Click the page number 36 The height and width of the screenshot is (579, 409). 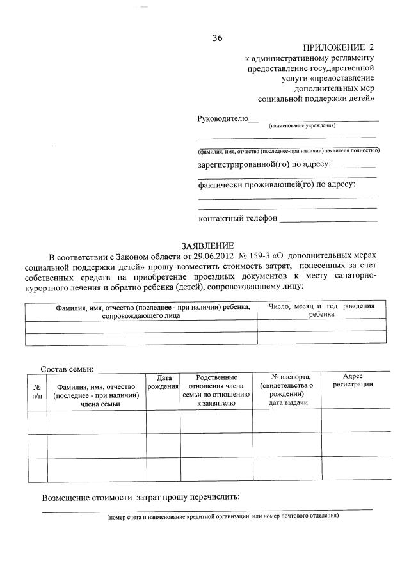(217, 38)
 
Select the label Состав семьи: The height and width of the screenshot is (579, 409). (67, 369)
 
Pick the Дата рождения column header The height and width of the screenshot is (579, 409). (163, 383)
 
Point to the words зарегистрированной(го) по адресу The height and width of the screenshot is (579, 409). (264, 164)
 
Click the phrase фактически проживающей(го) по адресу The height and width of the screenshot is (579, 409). (277, 185)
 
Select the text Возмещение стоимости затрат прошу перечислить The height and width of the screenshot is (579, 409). (141, 497)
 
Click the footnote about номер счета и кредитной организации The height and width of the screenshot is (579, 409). (222, 516)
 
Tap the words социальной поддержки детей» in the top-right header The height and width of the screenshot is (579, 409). (316, 99)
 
